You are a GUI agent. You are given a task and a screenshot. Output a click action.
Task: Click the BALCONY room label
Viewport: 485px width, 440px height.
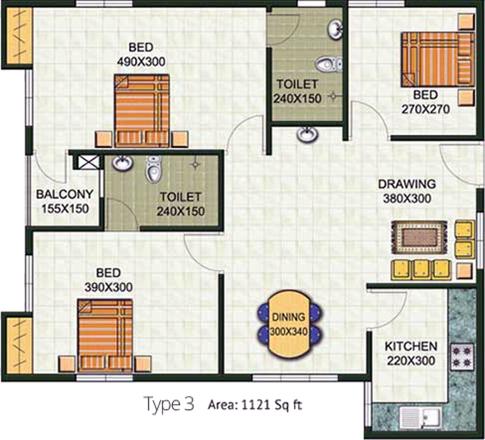[65, 194]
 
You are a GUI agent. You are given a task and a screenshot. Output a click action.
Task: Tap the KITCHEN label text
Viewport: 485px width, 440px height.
[411, 346]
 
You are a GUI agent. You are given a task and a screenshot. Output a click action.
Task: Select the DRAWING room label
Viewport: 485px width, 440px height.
[406, 184]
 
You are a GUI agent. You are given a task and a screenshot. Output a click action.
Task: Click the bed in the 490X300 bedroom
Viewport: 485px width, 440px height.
[142, 110]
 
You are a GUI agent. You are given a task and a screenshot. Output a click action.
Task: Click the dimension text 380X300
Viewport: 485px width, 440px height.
[407, 198]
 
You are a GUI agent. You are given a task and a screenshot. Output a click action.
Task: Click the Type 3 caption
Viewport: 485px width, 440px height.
[169, 404]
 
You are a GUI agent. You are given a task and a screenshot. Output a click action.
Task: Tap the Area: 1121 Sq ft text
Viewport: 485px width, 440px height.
[254, 404]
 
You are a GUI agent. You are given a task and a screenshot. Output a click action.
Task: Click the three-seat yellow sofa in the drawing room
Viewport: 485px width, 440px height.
[420, 269]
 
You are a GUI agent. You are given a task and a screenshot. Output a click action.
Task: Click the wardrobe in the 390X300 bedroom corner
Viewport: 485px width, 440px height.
[18, 343]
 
